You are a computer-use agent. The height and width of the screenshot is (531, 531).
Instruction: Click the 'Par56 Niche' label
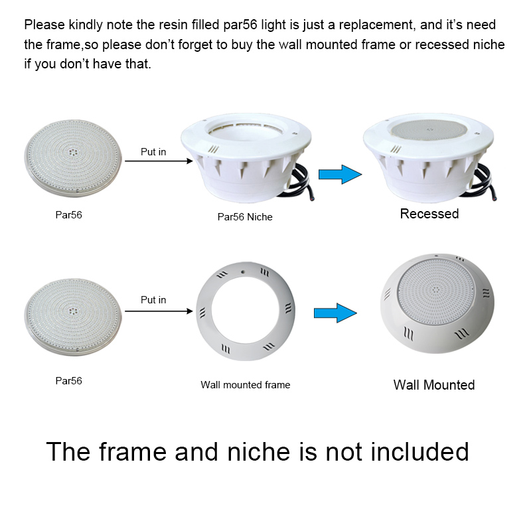[x=245, y=217]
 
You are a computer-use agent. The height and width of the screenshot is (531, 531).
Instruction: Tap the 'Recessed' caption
[x=429, y=214]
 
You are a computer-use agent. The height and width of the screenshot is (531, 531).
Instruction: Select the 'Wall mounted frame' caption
[x=245, y=385]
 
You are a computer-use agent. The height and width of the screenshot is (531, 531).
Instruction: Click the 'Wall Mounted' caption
[x=434, y=385]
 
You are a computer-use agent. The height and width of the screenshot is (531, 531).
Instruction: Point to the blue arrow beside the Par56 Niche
[x=340, y=175]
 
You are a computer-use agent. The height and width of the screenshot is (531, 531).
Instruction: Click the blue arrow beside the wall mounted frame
[x=335, y=313]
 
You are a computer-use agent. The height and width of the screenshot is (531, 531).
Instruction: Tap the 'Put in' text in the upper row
[x=153, y=152]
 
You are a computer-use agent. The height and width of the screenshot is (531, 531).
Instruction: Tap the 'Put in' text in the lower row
[x=153, y=300]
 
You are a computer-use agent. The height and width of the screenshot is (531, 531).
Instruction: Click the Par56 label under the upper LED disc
[x=69, y=214]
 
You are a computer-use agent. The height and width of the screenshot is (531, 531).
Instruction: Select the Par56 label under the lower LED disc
[x=69, y=380]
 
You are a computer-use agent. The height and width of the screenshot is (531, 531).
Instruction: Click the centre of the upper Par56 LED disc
[x=73, y=153]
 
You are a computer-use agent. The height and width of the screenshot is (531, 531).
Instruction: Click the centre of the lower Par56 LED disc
[x=73, y=311]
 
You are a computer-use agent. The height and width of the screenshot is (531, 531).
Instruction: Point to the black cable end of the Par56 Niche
[x=311, y=198]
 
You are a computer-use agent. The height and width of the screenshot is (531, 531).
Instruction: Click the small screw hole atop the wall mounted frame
[x=243, y=271]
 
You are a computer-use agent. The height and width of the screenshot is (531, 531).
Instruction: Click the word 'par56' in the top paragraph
[x=240, y=25]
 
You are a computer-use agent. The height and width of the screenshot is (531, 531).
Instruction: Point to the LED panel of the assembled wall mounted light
[x=435, y=291]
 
